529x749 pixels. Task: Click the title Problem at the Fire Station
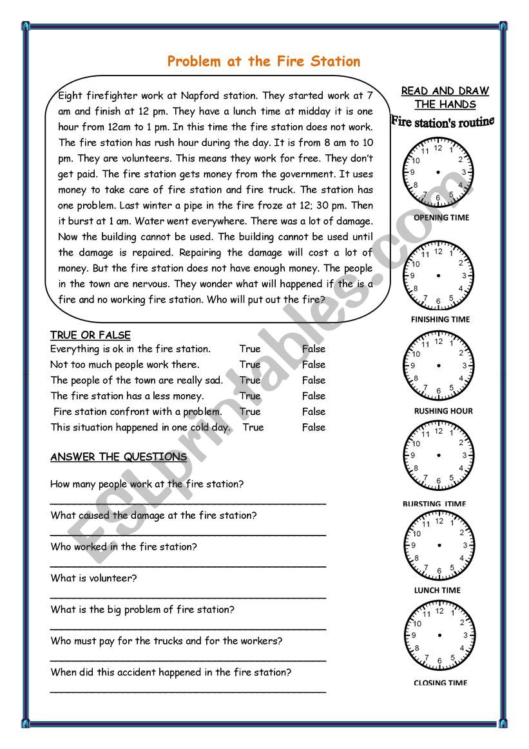pos(264,62)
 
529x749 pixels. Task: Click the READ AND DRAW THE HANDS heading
pos(445,97)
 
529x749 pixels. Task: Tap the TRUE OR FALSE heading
pos(90,335)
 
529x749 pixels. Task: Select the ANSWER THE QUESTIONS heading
pos(119,457)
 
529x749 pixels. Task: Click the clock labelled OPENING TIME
pos(438,172)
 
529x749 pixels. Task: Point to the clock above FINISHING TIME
pos(438,275)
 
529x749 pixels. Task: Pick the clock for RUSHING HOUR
pos(438,366)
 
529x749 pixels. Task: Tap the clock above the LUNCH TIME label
pos(438,545)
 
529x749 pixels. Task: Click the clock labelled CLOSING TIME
pos(438,635)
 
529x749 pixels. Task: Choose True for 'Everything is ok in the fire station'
pos(250,349)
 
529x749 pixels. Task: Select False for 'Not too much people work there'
pos(314,365)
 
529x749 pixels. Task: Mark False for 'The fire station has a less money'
pos(314,396)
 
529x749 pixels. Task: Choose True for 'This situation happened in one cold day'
pos(253,427)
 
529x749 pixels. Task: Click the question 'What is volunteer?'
pos(93,578)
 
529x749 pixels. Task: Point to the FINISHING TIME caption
pos(440,319)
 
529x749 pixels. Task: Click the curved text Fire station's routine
pos(442,121)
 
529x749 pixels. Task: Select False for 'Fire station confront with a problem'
pos(314,412)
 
